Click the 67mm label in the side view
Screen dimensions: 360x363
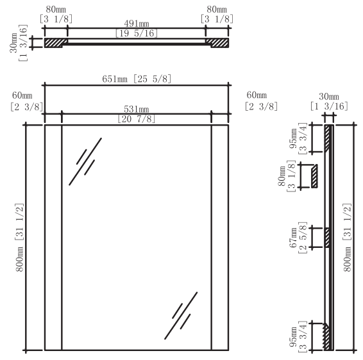click(295, 236)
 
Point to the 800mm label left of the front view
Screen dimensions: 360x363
click(20, 237)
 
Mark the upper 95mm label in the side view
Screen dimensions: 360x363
click(295, 138)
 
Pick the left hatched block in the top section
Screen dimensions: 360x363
click(55, 42)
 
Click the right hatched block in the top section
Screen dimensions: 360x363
click(217, 42)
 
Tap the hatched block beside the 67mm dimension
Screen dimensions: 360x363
click(327, 237)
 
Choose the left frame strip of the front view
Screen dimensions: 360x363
click(53, 237)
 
